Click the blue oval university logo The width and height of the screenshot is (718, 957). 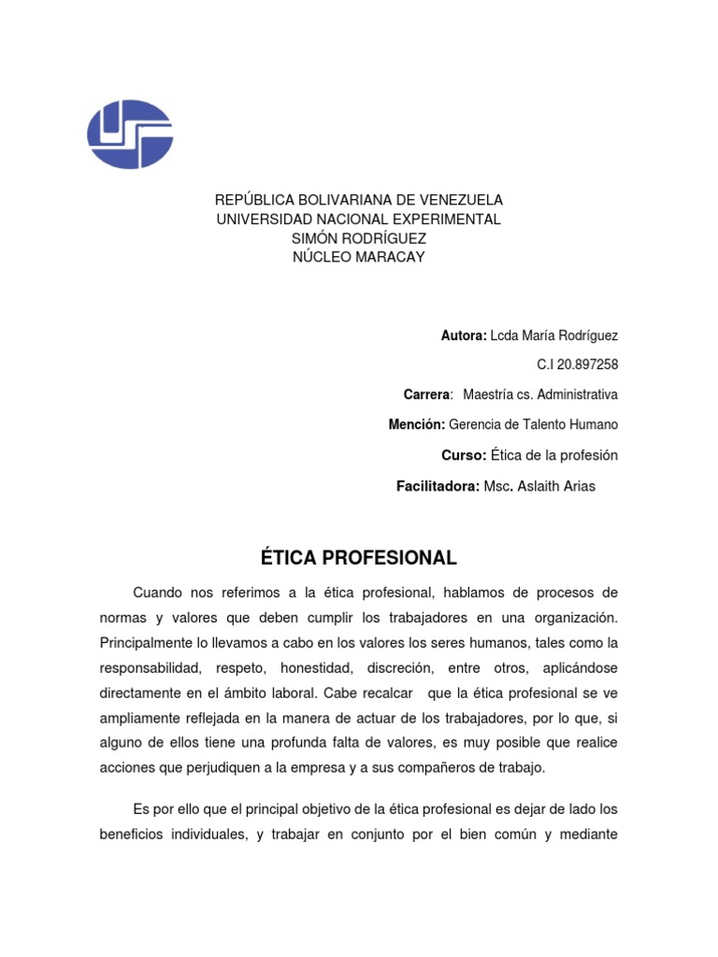[x=130, y=135]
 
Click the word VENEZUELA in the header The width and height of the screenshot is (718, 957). [x=460, y=200]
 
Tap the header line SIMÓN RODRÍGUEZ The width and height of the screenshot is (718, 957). [x=359, y=238]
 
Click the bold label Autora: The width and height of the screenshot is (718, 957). [x=464, y=336]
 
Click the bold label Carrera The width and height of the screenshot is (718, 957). [x=426, y=394]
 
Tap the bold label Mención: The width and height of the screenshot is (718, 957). [x=417, y=424]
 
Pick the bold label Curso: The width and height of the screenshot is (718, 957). [x=464, y=455]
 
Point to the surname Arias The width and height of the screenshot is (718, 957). [x=577, y=486]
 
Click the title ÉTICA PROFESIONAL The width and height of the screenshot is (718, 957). [x=359, y=559]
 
